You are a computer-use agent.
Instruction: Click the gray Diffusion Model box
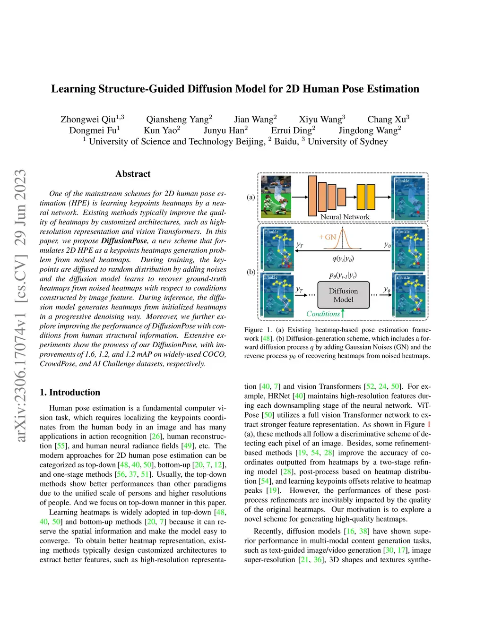(x=343, y=295)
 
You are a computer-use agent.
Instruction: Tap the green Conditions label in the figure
(x=323, y=314)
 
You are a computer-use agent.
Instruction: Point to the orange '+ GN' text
(x=328, y=237)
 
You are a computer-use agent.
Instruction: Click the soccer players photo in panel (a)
(x=276, y=197)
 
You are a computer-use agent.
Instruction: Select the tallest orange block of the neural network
(x=312, y=196)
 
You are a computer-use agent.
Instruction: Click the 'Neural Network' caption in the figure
(x=345, y=217)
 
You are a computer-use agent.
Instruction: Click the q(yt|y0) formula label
(x=343, y=258)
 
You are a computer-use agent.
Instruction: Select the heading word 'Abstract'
(x=133, y=174)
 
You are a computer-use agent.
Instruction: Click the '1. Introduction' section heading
(x=70, y=392)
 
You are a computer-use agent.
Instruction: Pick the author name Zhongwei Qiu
(x=88, y=120)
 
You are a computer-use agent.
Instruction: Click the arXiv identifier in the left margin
(x=20, y=306)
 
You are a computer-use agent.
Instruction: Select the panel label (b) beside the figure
(x=251, y=272)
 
